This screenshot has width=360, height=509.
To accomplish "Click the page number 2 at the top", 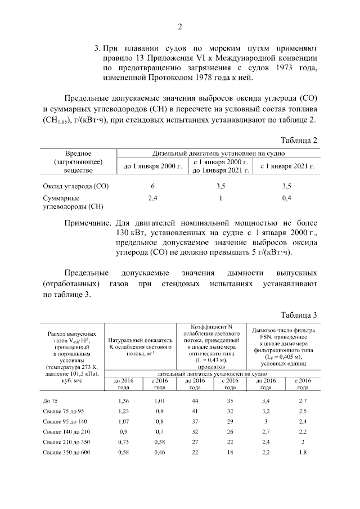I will [x=180, y=26].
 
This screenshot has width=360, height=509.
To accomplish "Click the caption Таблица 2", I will [x=299, y=140].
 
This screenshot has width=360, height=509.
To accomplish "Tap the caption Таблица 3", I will [x=299, y=314].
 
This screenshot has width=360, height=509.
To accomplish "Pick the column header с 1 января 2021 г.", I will [x=286, y=166].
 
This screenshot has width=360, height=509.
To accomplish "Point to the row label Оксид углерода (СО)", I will [x=75, y=186].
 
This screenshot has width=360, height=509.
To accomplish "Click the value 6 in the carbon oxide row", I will [x=152, y=186].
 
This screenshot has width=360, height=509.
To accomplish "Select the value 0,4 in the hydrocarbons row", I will [x=286, y=198].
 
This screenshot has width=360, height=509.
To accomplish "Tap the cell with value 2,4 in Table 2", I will [x=152, y=198].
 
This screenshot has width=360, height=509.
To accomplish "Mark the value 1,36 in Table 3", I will [x=124, y=400].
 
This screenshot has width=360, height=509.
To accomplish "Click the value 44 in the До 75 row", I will [x=195, y=400].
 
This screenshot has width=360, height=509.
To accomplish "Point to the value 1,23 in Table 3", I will [x=124, y=413].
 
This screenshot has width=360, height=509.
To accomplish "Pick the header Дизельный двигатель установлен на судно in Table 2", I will [x=218, y=153].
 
